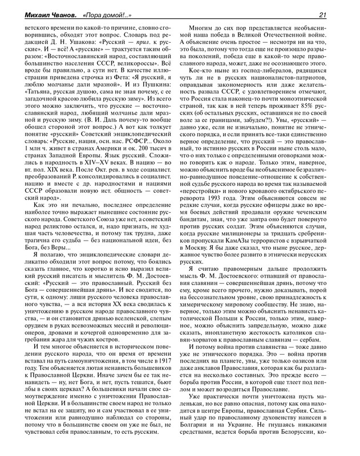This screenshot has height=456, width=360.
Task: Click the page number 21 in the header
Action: pyautogui.click(x=338, y=15)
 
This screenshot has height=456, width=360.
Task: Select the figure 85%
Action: pyautogui.click(x=318, y=92)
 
